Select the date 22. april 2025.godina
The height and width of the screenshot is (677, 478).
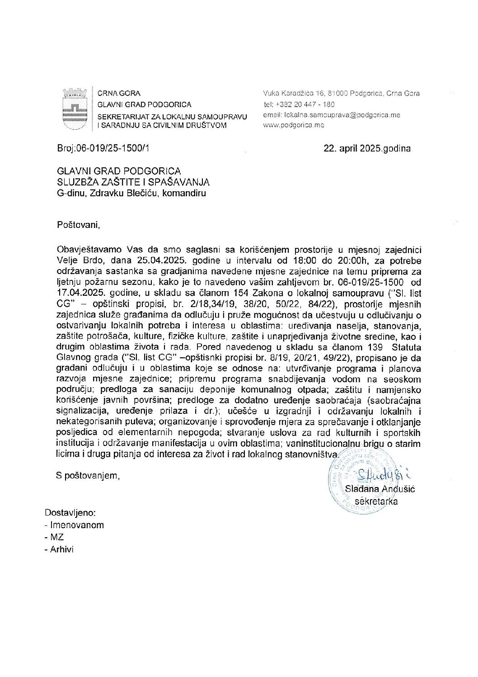[x=367, y=148]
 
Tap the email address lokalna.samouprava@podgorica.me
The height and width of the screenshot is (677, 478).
[x=332, y=115]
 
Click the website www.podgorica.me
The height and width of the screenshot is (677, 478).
[x=294, y=125]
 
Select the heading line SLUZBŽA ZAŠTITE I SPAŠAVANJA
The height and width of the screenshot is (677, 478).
[x=133, y=182]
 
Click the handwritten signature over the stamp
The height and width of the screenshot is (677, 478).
[x=381, y=474]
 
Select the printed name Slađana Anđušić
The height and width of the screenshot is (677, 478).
[x=380, y=489]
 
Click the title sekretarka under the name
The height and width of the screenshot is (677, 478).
[x=376, y=501]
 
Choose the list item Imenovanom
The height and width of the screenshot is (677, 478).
[x=77, y=525]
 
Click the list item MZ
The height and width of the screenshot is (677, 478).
[x=57, y=537]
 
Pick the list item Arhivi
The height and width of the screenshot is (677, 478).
[x=61, y=549]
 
